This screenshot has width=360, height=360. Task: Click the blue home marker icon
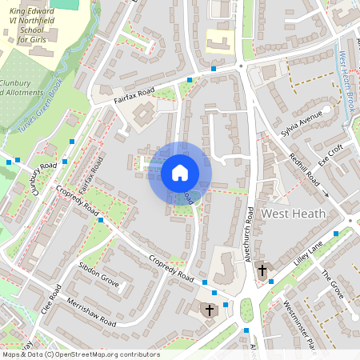click(180, 173)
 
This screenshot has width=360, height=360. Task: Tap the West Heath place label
click(294, 214)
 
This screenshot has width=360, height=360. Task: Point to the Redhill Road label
click(305, 169)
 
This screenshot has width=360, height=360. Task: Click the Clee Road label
click(50, 299)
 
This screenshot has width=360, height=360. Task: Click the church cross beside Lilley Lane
click(262, 272)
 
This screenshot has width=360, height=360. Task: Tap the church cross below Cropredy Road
click(210, 310)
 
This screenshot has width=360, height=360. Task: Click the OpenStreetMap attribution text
click(80, 354)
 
